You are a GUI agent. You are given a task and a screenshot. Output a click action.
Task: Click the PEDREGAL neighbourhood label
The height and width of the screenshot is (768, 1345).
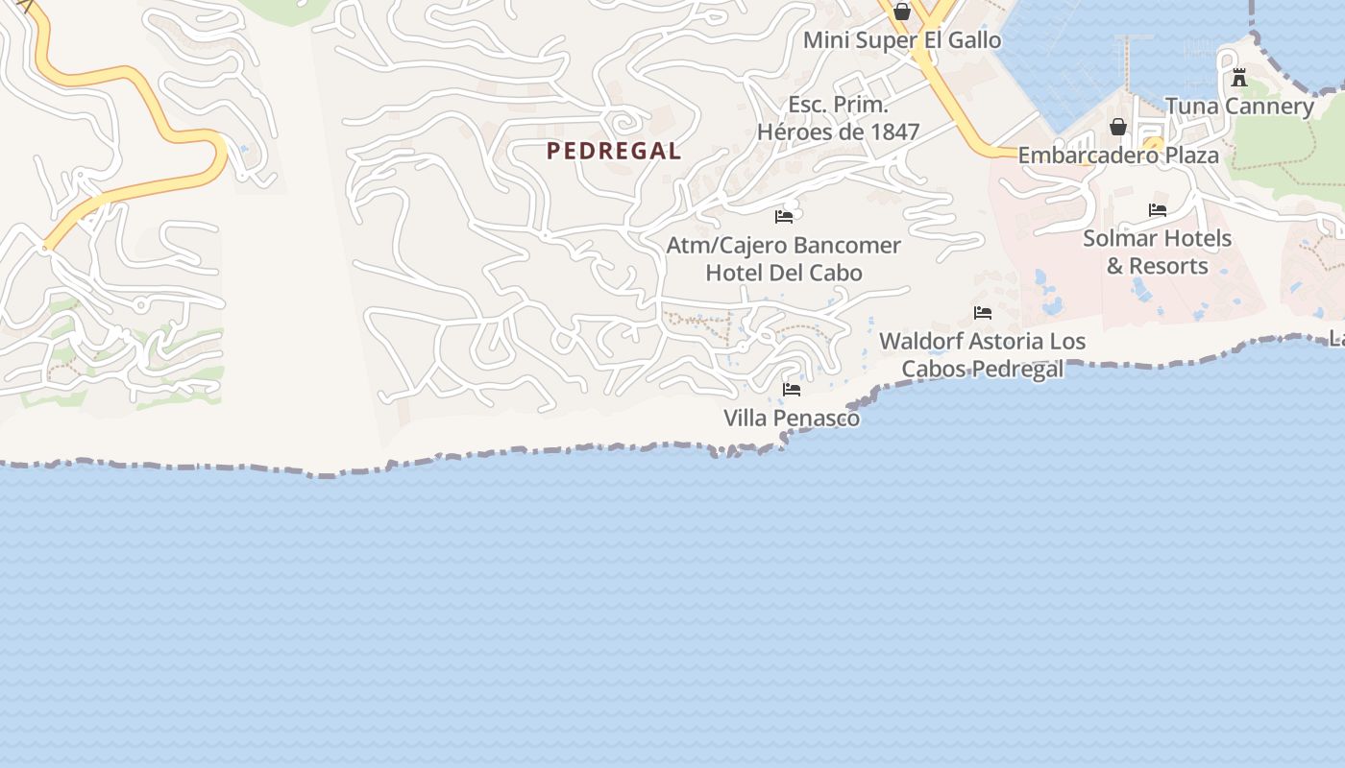click(x=614, y=151)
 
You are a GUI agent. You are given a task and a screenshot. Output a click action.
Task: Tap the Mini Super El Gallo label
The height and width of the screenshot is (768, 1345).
click(x=902, y=40)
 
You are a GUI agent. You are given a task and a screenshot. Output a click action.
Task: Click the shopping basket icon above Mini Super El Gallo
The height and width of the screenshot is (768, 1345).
click(x=902, y=12)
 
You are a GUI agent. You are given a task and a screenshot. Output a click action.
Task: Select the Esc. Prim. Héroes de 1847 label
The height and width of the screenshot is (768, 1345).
click(x=839, y=118)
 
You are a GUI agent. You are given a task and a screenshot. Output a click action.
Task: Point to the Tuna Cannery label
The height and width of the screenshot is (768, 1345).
click(x=1239, y=106)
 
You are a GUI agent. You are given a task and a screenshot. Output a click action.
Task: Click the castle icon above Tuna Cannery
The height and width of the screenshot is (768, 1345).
click(x=1239, y=78)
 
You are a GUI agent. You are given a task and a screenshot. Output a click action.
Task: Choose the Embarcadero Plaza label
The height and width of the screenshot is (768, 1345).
click(x=1118, y=156)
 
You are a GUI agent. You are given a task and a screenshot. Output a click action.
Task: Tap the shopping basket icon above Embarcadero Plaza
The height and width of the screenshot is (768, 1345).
click(x=1118, y=127)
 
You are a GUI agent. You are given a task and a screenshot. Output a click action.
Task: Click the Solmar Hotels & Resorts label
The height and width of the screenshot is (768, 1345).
click(x=1157, y=252)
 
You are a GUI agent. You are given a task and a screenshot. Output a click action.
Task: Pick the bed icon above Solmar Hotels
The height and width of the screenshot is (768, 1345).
click(x=1158, y=209)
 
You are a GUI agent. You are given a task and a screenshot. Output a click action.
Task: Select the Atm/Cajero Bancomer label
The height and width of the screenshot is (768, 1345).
click(x=784, y=245)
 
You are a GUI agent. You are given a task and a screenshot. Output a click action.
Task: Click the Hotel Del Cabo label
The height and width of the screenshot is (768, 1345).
click(x=784, y=273)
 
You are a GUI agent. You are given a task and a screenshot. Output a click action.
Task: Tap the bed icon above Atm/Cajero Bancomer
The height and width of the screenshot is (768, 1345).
click(x=784, y=216)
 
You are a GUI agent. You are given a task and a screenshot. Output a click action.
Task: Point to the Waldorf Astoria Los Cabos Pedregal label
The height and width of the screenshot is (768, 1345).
click(x=982, y=354)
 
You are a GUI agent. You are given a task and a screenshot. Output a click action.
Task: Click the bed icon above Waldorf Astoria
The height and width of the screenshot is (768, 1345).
click(x=982, y=312)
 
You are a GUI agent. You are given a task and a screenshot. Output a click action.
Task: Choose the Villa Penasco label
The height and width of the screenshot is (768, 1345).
click(x=792, y=419)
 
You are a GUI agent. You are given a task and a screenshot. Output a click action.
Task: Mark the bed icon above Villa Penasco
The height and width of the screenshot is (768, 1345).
click(x=792, y=389)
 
